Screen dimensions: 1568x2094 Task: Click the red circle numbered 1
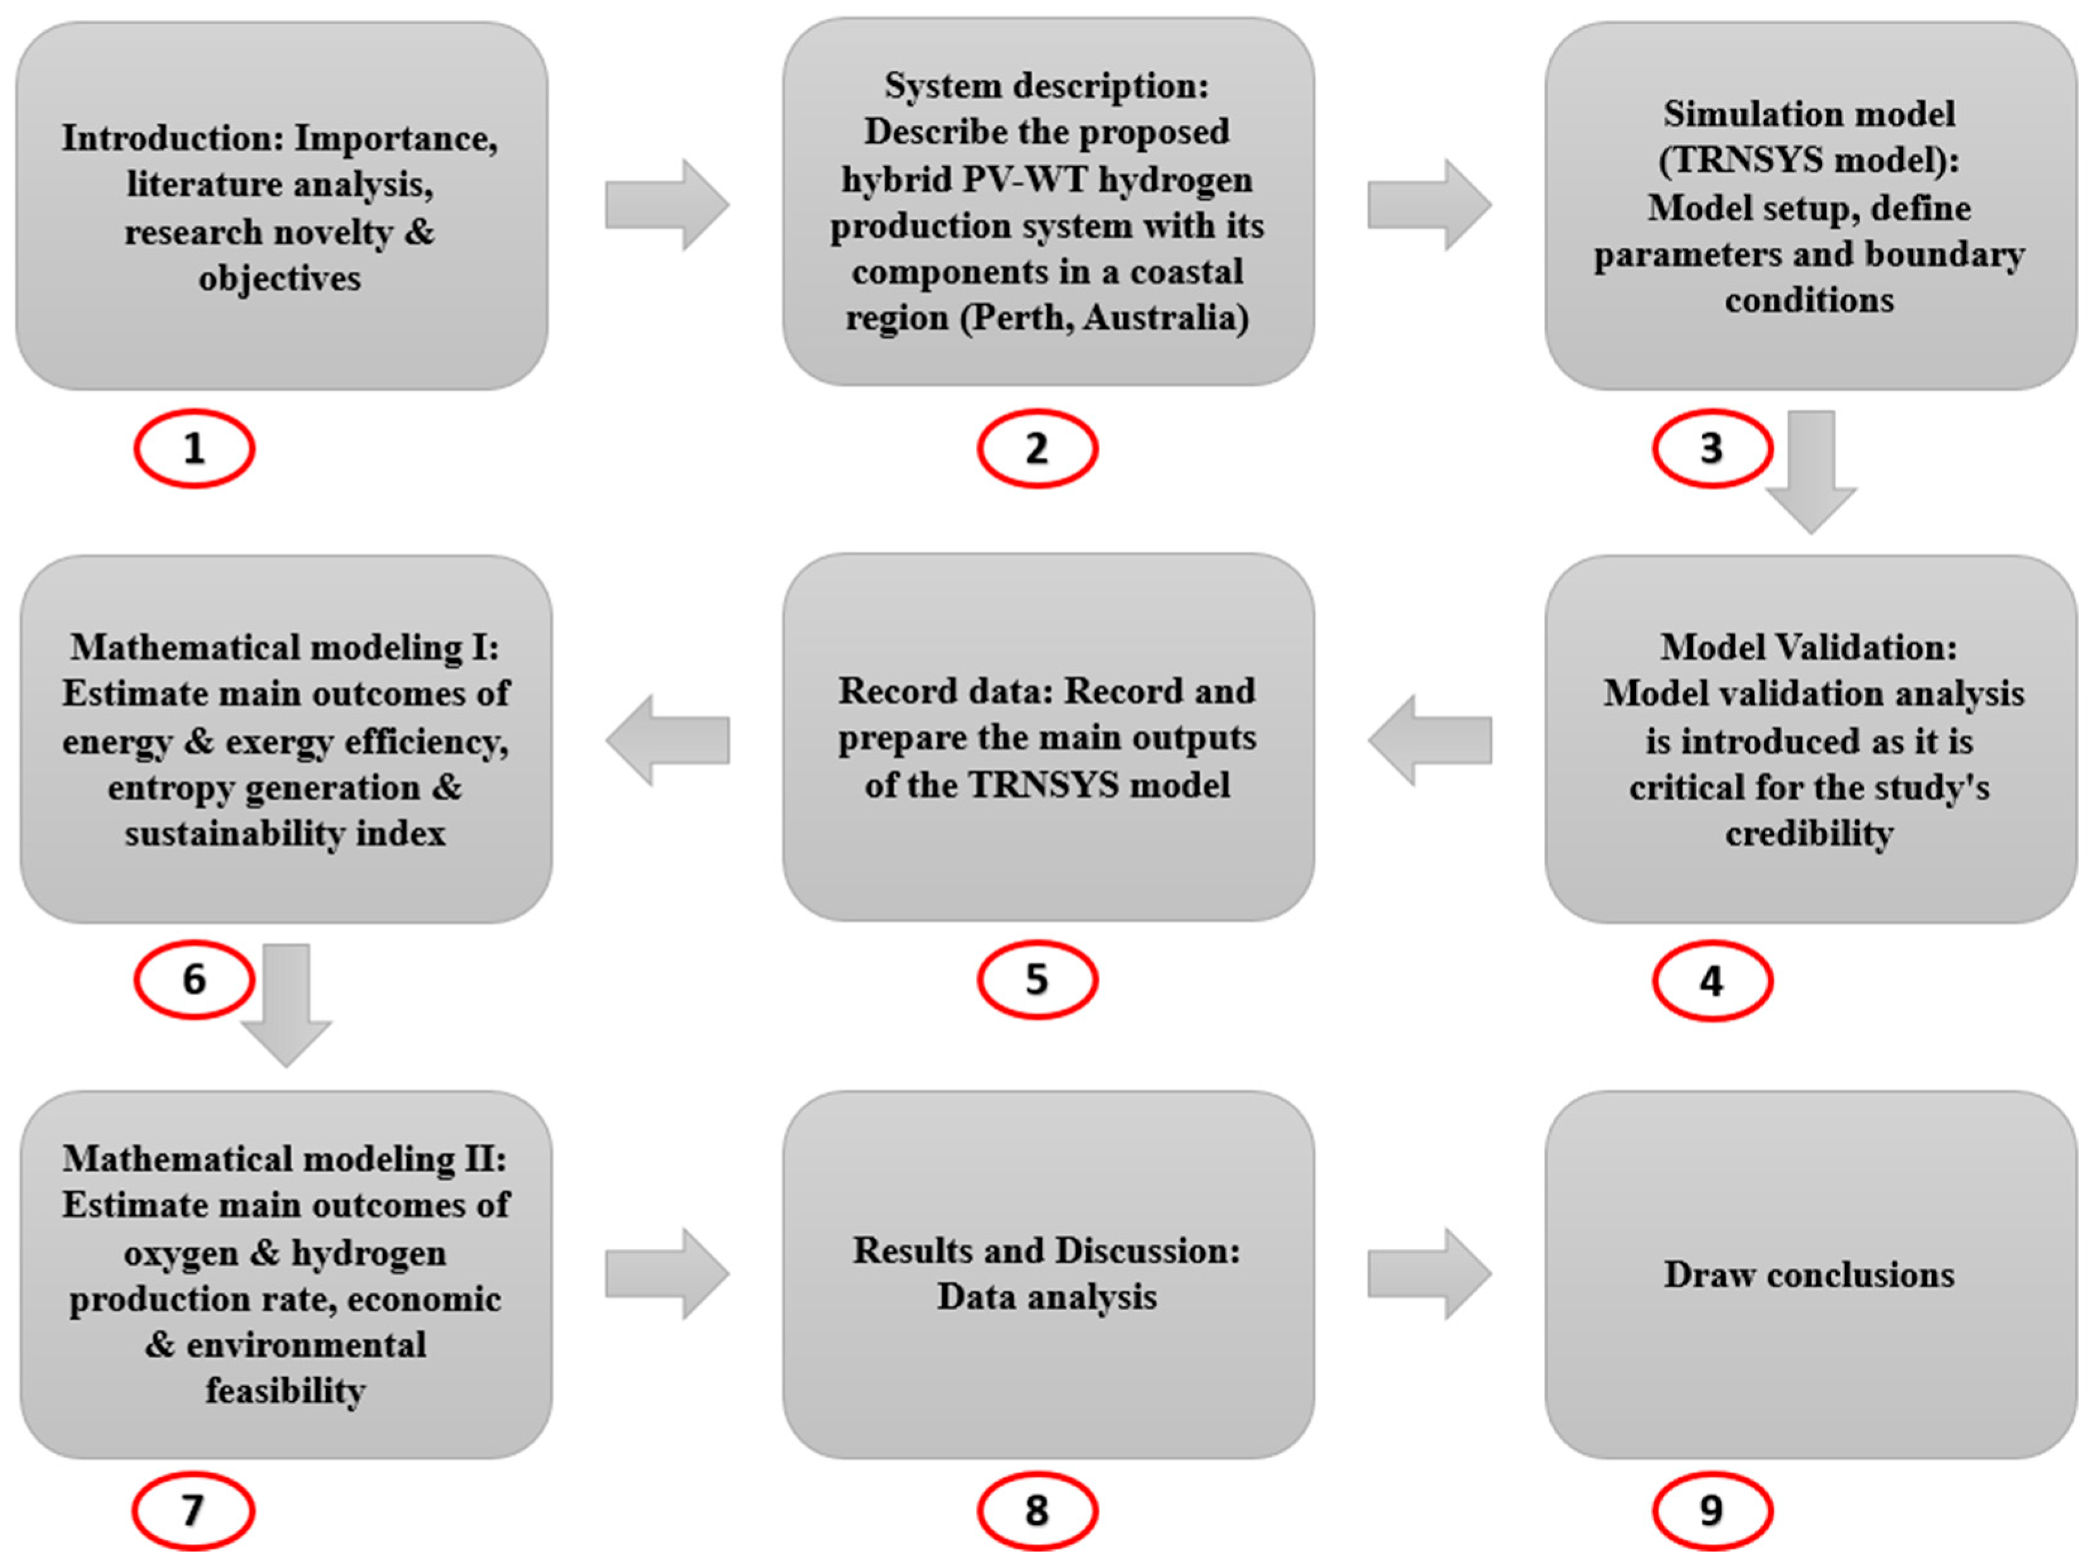(194, 448)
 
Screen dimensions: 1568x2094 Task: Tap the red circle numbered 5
(1038, 979)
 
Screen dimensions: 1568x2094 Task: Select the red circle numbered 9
(1711, 1510)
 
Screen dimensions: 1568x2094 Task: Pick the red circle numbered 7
(193, 1510)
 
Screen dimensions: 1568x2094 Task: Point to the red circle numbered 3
(1711, 448)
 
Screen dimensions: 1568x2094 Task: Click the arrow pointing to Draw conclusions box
(1430, 1273)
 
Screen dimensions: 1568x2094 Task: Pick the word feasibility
(286, 1390)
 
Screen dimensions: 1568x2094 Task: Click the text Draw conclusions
(1809, 1275)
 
